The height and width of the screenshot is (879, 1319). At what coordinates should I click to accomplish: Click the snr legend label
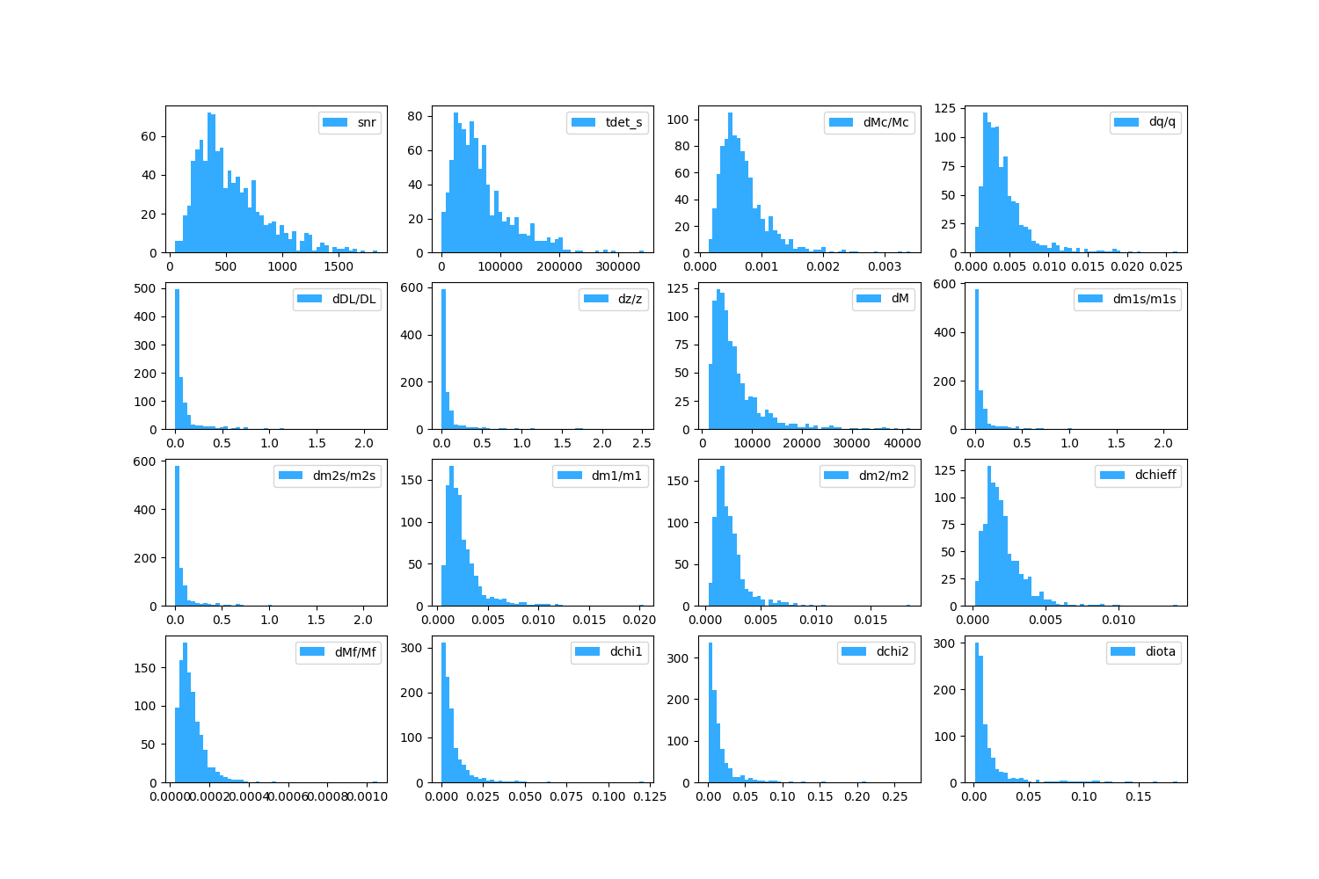point(367,122)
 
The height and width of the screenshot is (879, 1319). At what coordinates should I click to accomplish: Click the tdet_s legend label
point(623,122)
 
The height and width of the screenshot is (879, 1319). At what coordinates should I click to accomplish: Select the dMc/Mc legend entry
point(885,122)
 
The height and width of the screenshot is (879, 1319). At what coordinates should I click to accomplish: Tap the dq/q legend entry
point(1162,122)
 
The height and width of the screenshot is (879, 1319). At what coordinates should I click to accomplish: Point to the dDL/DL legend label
point(353,299)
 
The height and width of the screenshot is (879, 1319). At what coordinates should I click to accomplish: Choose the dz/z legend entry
point(630,299)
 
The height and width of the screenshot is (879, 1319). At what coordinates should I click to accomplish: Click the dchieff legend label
point(1155,476)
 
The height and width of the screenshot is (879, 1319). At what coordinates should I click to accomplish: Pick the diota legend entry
point(1160,652)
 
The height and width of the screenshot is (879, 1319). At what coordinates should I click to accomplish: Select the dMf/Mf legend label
point(355,652)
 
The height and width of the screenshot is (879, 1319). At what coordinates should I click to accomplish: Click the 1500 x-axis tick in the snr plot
point(339,266)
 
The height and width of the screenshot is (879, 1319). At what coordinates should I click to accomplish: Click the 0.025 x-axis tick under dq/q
point(1166,266)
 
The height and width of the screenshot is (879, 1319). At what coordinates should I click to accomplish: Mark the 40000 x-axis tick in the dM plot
point(902,443)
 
